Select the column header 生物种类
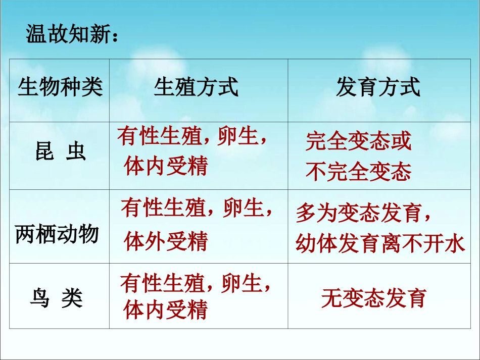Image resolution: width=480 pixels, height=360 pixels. coord(60,87)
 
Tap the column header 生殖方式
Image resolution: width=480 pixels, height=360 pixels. coord(196,87)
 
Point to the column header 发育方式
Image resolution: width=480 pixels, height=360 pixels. coord(378,87)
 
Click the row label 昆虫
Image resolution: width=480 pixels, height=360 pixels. coord(60,151)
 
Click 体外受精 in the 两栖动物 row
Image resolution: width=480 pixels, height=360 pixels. coord(166,241)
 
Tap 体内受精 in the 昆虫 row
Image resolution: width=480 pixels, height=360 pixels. coord(166,166)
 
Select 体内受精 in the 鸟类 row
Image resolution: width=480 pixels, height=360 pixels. coord(166,310)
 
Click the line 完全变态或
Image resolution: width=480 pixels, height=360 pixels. coord(358,142)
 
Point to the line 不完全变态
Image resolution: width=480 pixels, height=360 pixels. coord(358,172)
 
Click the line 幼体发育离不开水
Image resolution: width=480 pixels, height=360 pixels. coord(379,244)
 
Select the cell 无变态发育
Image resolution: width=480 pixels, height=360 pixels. coord(373,298)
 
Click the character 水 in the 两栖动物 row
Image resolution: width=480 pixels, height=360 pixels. coord(455,244)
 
